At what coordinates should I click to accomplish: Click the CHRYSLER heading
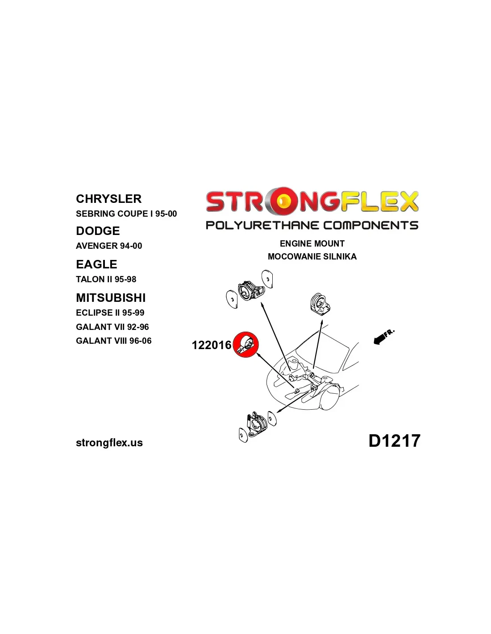(108, 199)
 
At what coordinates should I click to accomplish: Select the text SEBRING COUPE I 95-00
(126, 214)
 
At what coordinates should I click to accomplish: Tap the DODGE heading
(98, 231)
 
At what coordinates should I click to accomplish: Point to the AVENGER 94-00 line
(109, 246)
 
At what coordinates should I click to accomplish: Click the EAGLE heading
(96, 264)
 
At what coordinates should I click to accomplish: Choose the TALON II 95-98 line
(106, 280)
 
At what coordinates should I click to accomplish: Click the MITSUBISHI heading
(111, 298)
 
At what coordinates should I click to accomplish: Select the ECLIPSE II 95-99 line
(110, 313)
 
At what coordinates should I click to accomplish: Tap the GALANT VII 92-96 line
(112, 327)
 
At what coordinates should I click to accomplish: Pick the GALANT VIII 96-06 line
(114, 341)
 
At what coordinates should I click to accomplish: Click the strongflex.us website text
(109, 443)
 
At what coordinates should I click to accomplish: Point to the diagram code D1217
(394, 441)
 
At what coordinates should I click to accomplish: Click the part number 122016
(212, 345)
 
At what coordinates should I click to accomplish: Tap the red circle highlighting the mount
(246, 345)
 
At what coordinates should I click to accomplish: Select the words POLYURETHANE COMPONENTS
(312, 225)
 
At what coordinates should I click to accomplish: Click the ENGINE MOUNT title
(312, 243)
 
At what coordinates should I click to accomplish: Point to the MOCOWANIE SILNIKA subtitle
(312, 257)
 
